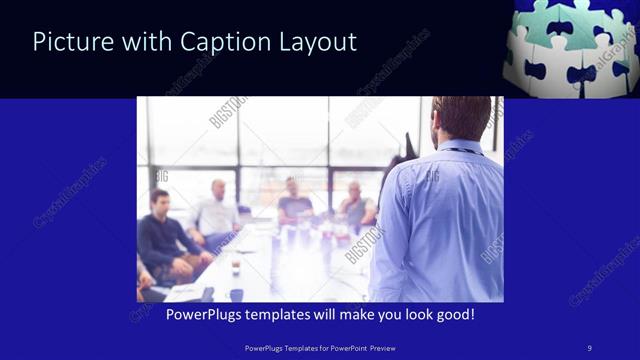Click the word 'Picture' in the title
[68, 42]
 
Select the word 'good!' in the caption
[453, 315]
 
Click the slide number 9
[590, 348]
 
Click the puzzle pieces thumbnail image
[571, 47]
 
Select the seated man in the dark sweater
[160, 235]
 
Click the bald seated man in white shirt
[216, 210]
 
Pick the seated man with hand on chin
[355, 205]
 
